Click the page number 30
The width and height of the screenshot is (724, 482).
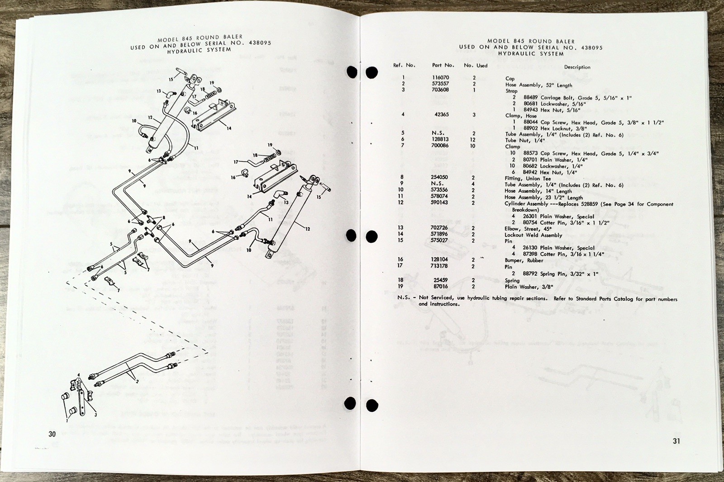coord(52,434)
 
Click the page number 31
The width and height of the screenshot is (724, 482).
coord(676,441)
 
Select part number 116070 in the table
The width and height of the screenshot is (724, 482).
coord(440,78)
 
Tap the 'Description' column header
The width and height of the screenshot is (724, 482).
coord(577,67)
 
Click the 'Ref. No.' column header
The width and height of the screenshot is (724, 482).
coord(404,65)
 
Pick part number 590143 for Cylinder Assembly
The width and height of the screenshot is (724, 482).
coord(439,203)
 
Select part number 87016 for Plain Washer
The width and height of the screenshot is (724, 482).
coord(440,286)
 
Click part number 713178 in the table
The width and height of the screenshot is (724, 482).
coord(439,266)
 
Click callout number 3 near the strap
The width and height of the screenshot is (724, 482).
coord(95,414)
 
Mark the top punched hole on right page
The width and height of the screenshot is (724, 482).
coord(372,72)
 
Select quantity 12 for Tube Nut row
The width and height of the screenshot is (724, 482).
coord(473,140)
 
